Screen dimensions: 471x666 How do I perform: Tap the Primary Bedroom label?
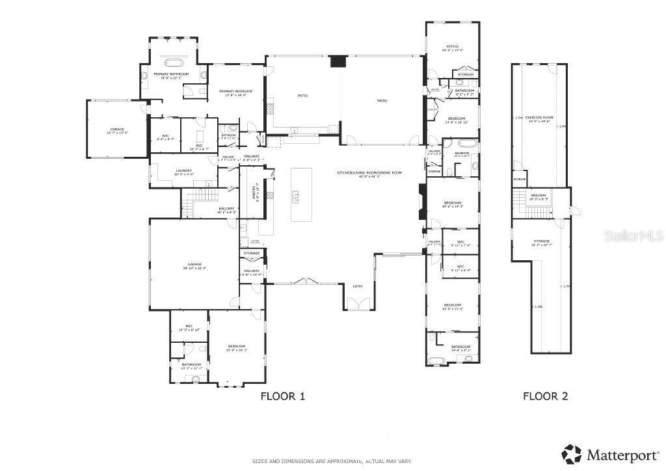click(235, 92)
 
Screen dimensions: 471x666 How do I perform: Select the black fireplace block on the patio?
click(338, 62)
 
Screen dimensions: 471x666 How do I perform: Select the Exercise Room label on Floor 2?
click(539, 118)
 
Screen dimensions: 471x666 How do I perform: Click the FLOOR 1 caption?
click(282, 396)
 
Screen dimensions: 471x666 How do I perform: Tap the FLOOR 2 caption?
click(546, 396)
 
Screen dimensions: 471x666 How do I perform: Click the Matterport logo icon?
click(572, 453)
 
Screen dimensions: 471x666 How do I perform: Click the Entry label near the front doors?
click(358, 286)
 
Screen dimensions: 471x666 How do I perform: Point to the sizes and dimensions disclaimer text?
click(332, 461)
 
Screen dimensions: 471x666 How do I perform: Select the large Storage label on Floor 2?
click(541, 243)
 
